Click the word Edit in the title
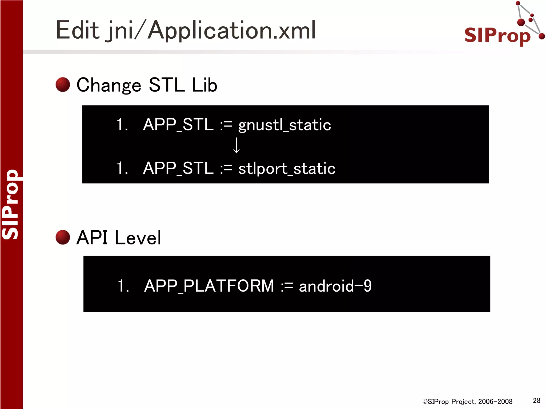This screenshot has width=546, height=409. [78, 30]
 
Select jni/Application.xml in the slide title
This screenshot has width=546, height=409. [211, 31]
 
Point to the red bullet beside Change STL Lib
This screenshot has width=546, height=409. [63, 85]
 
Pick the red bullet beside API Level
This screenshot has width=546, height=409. [63, 237]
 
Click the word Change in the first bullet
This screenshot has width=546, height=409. [109, 85]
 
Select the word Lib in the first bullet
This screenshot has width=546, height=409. [204, 85]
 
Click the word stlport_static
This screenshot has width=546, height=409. [287, 168]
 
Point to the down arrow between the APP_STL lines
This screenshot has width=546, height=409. [236, 145]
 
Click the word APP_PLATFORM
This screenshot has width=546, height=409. [209, 286]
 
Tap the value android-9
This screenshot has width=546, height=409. [335, 286]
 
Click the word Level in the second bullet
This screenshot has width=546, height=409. [138, 238]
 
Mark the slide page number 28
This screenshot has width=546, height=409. [536, 400]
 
